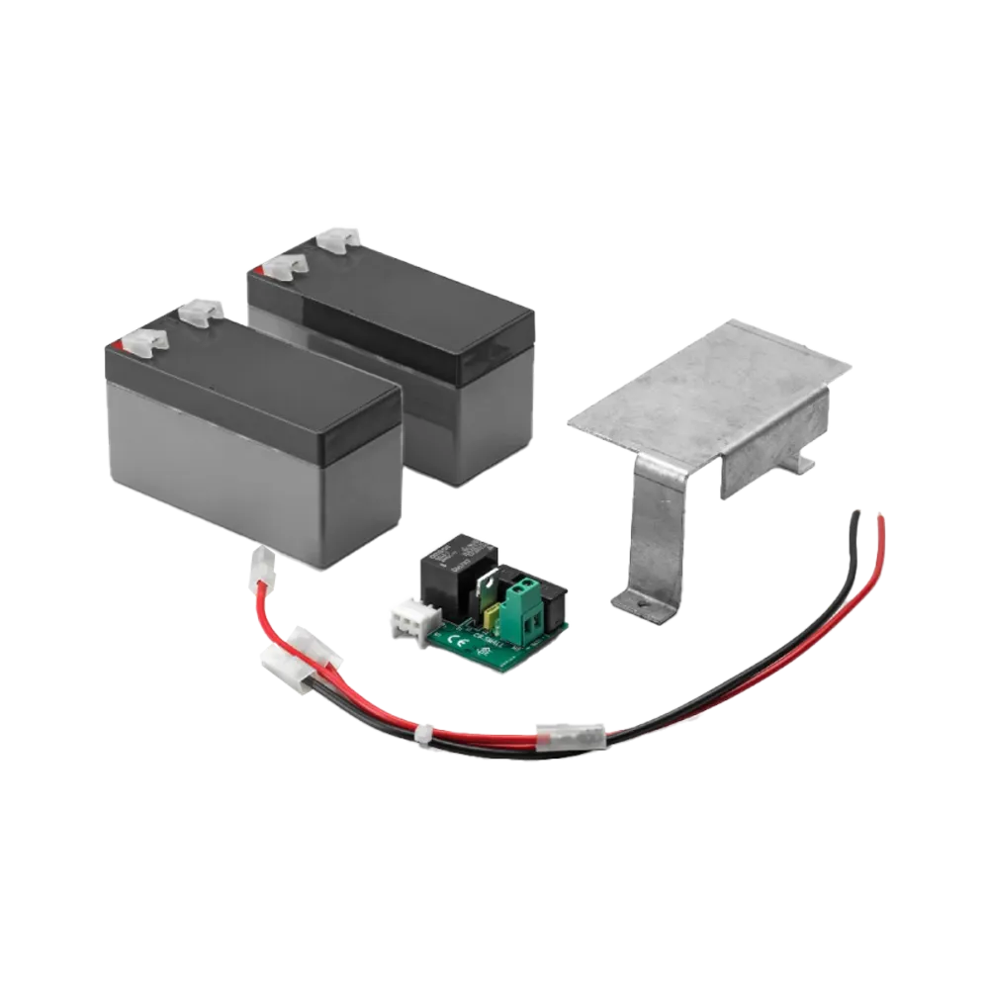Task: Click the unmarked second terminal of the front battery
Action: pos(196,313)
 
